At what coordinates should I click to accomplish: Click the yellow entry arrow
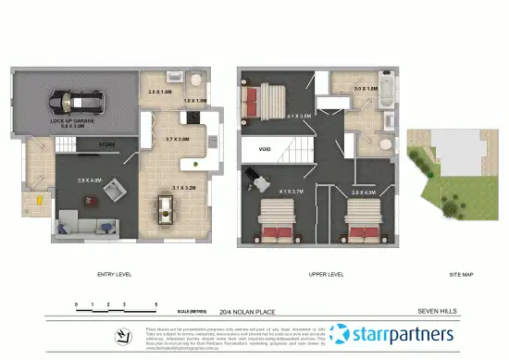click(x=40, y=197)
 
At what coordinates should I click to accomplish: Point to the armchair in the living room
click(x=116, y=190)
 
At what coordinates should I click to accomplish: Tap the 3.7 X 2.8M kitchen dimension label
click(x=178, y=139)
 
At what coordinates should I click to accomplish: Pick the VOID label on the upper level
click(x=264, y=148)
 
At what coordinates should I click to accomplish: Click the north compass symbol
click(x=120, y=334)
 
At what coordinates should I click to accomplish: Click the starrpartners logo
click(x=392, y=333)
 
